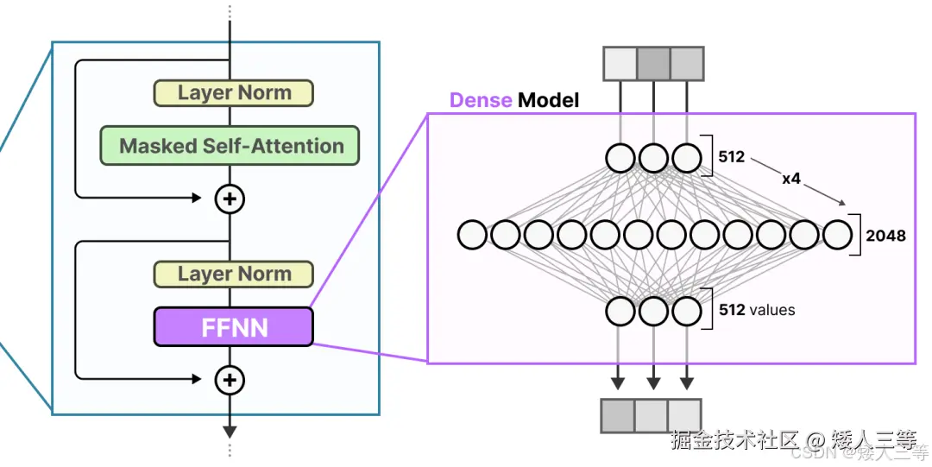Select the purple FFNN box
(x=233, y=327)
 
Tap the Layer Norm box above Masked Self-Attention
(x=233, y=92)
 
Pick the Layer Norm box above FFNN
(x=233, y=274)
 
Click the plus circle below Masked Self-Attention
(x=230, y=199)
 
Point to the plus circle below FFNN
(x=230, y=379)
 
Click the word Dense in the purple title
(x=481, y=100)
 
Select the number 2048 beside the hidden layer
(x=885, y=234)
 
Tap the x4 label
(x=791, y=180)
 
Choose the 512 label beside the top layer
(x=732, y=158)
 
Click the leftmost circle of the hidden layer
(x=472, y=234)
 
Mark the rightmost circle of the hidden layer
(x=837, y=234)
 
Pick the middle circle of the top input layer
(x=653, y=158)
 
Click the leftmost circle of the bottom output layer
(x=620, y=310)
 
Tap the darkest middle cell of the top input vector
(x=653, y=64)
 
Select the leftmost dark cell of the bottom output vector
(x=618, y=415)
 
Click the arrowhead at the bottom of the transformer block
(x=230, y=431)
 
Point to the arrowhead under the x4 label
(x=840, y=204)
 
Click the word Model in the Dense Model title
(x=548, y=100)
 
